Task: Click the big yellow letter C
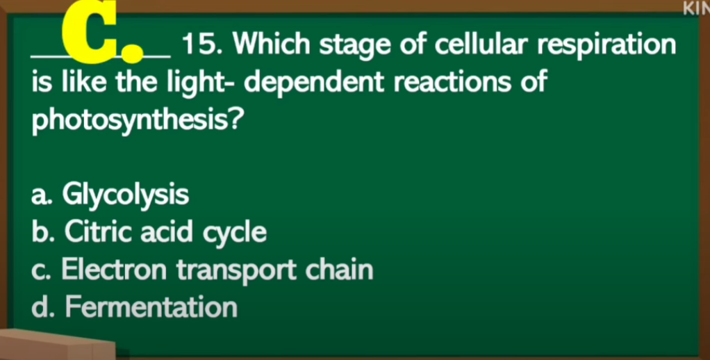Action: point(90,32)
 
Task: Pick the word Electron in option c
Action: point(114,270)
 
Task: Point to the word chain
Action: point(340,270)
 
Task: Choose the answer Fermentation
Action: point(151,308)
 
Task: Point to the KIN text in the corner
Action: point(697,8)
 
